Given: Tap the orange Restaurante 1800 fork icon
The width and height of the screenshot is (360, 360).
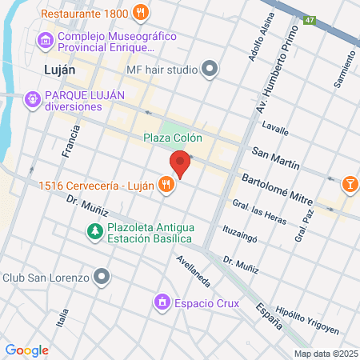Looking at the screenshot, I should click(141, 11).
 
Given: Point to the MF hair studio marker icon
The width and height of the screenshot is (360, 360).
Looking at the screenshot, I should click(210, 69).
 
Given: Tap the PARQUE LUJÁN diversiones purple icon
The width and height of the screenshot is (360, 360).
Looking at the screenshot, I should click(32, 99).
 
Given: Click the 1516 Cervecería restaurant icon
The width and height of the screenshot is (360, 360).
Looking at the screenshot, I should click(166, 186).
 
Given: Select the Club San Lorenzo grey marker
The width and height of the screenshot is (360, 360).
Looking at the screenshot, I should click(101, 278).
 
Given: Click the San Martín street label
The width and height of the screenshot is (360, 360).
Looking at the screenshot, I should click(275, 158).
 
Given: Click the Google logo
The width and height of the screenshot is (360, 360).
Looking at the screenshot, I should click(26, 350).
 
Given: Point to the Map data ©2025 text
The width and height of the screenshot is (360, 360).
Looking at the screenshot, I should click(325, 354).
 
